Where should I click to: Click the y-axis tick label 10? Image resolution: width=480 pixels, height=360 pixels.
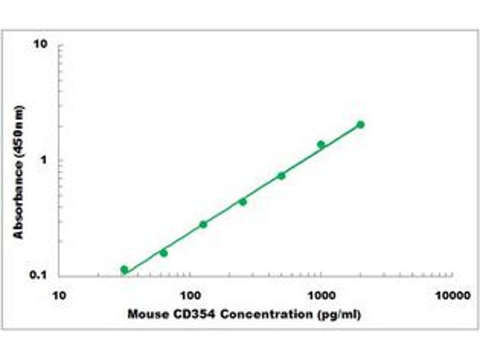click(41, 45)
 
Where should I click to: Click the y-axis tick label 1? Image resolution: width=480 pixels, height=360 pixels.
click(44, 160)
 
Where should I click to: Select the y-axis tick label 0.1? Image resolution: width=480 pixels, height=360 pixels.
click(39, 275)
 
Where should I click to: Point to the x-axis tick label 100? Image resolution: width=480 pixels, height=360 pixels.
click(190, 296)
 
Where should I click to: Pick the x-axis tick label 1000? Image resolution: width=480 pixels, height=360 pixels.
click(321, 296)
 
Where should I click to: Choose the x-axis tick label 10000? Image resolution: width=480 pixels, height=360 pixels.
click(452, 296)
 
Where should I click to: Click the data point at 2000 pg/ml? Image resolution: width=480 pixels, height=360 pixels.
click(361, 125)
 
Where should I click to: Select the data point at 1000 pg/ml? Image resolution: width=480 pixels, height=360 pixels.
click(321, 145)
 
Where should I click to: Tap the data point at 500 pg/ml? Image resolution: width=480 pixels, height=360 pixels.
click(281, 175)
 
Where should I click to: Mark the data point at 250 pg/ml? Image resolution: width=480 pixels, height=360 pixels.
click(242, 202)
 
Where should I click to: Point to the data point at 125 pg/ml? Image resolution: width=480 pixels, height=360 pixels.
click(203, 224)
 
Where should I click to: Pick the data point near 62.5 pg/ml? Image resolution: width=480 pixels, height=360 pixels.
click(163, 253)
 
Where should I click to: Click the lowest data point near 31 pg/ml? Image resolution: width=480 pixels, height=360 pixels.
click(124, 269)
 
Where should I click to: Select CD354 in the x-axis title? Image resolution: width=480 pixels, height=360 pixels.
click(186, 313)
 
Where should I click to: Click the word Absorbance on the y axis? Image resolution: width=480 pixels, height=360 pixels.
click(19, 198)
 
